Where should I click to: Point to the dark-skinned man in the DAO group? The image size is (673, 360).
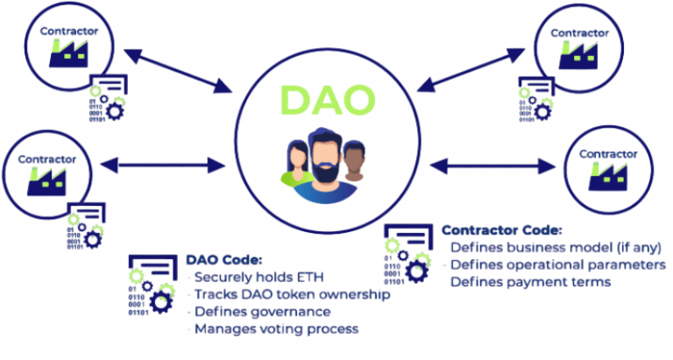[x=353, y=162]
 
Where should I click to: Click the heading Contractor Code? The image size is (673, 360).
[x=501, y=230]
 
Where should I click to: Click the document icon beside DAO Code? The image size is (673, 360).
[x=152, y=284]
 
